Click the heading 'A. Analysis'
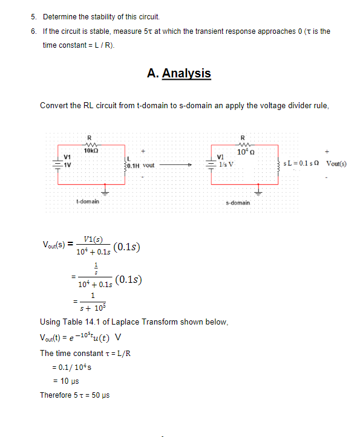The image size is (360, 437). tap(178, 73)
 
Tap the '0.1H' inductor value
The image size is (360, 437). tap(131, 164)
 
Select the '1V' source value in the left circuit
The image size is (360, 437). tap(67, 164)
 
